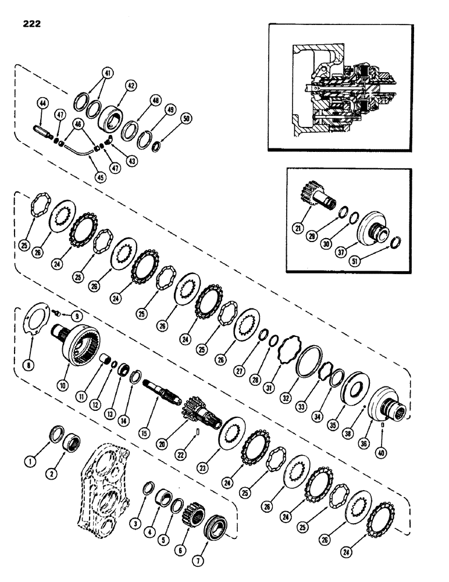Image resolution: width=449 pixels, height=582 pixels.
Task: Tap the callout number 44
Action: (x=42, y=103)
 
